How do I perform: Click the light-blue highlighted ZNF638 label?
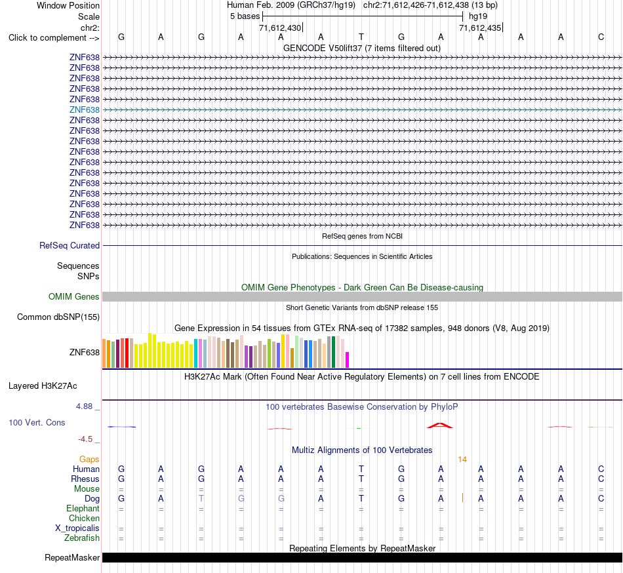[84, 109]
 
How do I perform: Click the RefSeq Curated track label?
[70, 245]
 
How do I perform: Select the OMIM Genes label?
[74, 296]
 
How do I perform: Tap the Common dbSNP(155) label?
[58, 317]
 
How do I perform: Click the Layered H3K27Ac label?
[43, 386]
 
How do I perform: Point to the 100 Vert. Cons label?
[37, 422]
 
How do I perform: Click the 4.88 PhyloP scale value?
[84, 406]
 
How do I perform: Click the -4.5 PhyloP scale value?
[85, 439]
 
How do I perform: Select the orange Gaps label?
[89, 460]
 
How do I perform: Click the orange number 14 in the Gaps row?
[462, 460]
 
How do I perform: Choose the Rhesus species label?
[85, 479]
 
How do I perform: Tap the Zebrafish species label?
[82, 538]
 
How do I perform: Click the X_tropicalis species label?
[77, 528]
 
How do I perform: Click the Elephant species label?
[83, 508]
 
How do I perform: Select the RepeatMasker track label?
[72, 557]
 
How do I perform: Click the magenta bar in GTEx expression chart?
[348, 360]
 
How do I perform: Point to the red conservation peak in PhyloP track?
[440, 425]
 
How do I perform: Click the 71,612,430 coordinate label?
[280, 28]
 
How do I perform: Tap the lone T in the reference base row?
[361, 37]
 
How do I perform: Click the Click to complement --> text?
[54, 38]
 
